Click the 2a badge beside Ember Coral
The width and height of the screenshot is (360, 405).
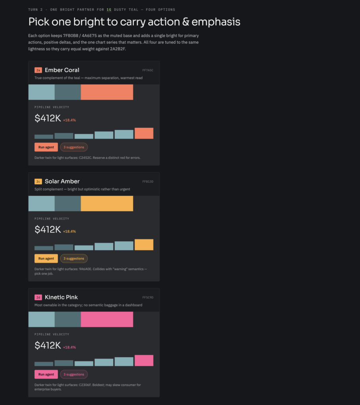tap(38, 70)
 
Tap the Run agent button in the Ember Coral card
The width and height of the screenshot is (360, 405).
tap(46, 147)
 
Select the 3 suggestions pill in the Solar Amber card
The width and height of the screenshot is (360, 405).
tap(74, 259)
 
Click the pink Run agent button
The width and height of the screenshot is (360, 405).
tap(46, 374)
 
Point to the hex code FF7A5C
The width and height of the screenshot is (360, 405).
tap(148, 70)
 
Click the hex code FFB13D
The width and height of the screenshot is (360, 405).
tap(148, 182)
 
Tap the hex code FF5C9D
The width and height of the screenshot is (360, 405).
tap(148, 297)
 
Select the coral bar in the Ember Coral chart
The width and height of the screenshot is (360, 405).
tap(144, 133)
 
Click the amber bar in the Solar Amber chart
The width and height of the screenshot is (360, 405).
tap(144, 244)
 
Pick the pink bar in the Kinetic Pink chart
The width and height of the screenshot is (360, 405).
tap(144, 361)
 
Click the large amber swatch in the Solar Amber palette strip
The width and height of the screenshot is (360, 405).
tap(107, 204)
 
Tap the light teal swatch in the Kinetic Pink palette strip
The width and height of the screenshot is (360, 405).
tap(42, 320)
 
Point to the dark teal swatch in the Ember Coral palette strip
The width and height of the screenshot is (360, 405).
tap(68, 92)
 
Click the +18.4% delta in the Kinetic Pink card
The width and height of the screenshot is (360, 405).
tap(70, 347)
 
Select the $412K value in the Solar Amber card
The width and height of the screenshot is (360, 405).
tap(48, 229)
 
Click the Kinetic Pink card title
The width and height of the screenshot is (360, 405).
tap(61, 297)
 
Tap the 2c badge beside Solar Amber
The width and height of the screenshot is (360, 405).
tap(38, 182)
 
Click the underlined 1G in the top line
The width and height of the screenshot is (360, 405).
tap(109, 9)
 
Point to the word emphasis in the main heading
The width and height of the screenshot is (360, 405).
tap(216, 22)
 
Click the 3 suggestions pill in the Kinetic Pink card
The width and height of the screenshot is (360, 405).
tap(74, 374)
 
